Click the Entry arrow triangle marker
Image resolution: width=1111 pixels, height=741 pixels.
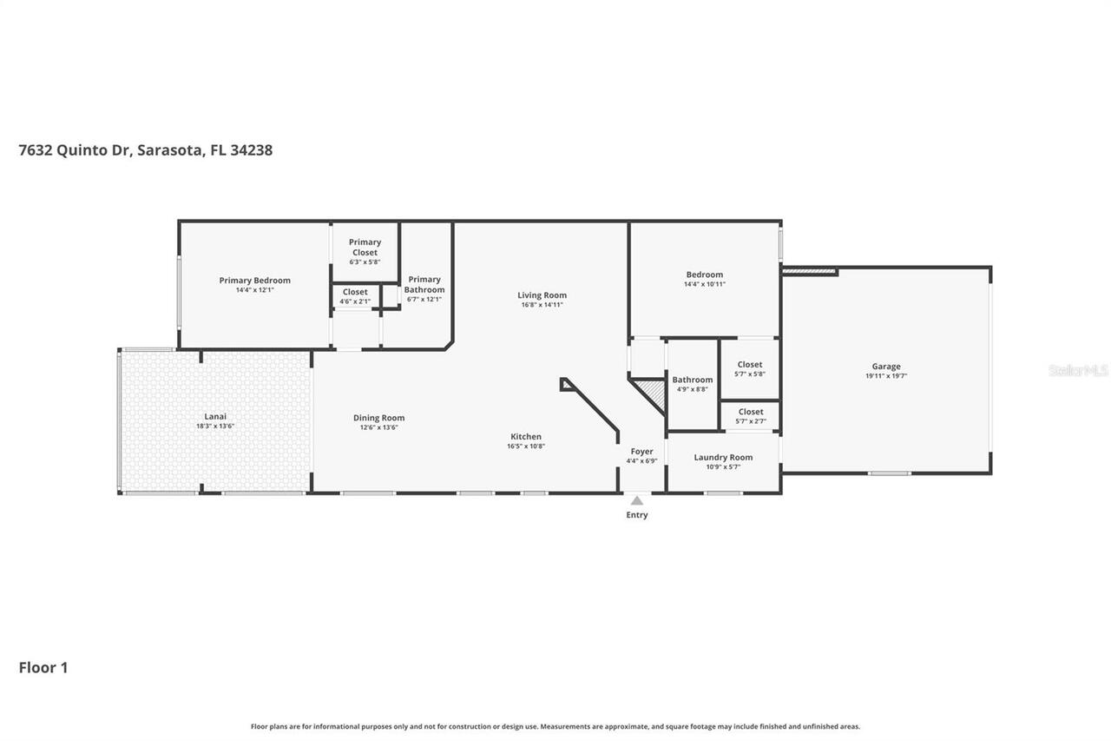(636, 500)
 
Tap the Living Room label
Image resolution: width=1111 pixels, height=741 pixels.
(542, 295)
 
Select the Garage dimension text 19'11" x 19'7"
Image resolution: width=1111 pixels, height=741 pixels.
(885, 376)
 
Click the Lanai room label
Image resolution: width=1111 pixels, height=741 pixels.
(214, 416)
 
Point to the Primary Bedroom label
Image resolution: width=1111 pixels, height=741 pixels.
(254, 281)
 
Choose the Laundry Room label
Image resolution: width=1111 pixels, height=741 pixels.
(723, 457)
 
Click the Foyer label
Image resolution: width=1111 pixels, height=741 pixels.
(641, 452)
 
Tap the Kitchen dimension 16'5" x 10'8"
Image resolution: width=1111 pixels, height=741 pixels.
(526, 447)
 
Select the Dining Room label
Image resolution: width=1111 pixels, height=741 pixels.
(378, 418)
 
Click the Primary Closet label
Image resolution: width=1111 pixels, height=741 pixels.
(365, 248)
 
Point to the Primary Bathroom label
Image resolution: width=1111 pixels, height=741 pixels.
(424, 285)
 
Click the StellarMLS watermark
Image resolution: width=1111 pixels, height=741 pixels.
(1077, 370)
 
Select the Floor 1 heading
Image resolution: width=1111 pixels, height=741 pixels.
(43, 667)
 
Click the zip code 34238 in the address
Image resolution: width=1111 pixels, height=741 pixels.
(252, 149)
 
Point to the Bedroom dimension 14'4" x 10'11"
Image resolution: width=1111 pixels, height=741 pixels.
(704, 284)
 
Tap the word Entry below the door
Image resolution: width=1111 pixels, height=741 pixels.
(636, 515)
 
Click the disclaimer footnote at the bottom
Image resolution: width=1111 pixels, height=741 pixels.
(555, 726)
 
